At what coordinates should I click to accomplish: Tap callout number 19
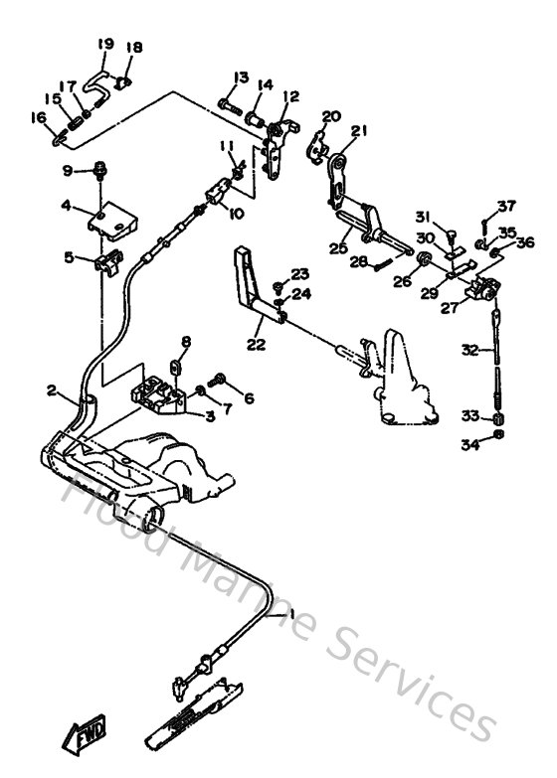point(106,44)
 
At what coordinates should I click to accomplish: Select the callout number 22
point(257,344)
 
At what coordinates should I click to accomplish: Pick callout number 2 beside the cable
point(52,390)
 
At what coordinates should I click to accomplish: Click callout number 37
point(507,207)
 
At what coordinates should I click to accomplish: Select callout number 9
point(69,170)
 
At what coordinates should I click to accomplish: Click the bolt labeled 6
point(220,381)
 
